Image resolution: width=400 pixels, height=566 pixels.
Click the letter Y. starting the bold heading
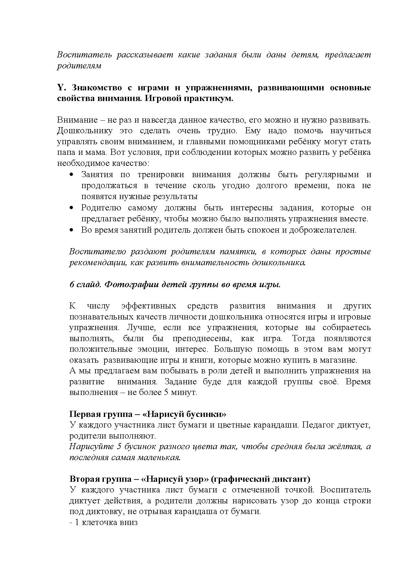pos(61,88)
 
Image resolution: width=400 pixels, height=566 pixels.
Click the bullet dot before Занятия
pos(72,175)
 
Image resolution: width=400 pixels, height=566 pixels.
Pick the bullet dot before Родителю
pos(72,208)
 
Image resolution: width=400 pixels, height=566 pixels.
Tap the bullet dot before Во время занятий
pos(72,230)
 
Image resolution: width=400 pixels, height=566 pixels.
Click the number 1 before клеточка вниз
pos(77,522)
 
